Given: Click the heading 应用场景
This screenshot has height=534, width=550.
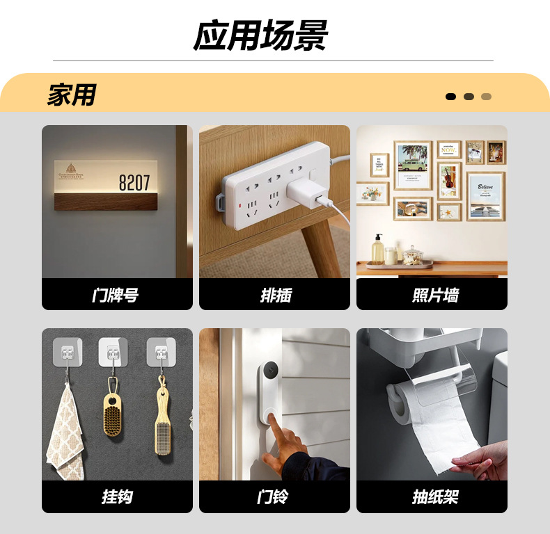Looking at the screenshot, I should pos(260,36).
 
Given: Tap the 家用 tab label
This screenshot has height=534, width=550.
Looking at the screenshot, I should pos(71,95).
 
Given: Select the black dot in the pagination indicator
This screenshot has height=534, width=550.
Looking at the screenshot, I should pos(450,97).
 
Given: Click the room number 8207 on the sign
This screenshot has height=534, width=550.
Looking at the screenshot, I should pos(134,184).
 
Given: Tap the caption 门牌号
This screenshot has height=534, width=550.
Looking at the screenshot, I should pos(116,295).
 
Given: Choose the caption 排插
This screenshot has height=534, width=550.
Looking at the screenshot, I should pos(274,295).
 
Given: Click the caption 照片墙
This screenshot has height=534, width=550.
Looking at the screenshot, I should pos(432,295).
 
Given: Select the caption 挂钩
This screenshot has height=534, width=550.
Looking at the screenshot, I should pos(116,496).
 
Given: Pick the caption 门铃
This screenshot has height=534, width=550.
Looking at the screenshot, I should pos(274,496).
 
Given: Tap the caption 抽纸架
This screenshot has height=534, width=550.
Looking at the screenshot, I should pos(432,496).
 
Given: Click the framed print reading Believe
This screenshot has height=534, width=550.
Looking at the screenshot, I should pos(485,195).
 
